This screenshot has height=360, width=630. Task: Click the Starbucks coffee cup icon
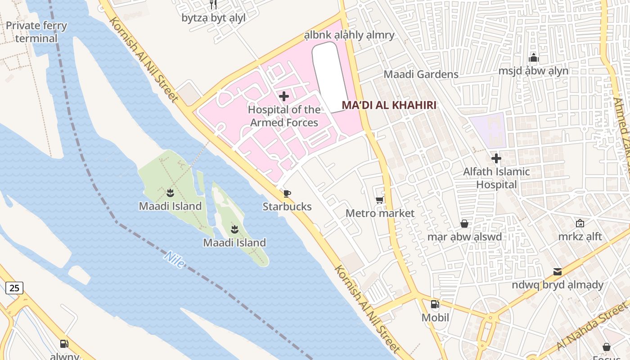287,193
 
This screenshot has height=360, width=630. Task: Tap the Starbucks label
287,207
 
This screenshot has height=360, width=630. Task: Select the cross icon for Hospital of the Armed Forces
284,96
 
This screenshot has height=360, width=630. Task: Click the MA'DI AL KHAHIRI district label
389,105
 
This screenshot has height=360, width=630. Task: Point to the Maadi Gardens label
421,74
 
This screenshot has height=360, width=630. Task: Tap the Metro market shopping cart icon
380,200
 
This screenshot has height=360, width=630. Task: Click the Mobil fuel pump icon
435,304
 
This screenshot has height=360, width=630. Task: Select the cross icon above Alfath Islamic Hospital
496,158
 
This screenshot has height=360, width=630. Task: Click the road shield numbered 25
14,288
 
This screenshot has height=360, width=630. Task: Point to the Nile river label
175,260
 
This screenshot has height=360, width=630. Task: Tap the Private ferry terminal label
36,32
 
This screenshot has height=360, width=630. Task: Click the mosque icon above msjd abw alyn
534,58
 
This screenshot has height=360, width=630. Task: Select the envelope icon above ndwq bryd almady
558,271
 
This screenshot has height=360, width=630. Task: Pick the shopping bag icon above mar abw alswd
464,224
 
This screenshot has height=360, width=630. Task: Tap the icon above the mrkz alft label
580,223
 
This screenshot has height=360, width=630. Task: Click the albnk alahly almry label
349,35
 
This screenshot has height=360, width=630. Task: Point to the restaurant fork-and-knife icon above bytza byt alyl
214,5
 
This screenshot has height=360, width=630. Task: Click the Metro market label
380,213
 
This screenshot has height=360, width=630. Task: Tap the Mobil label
435,318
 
